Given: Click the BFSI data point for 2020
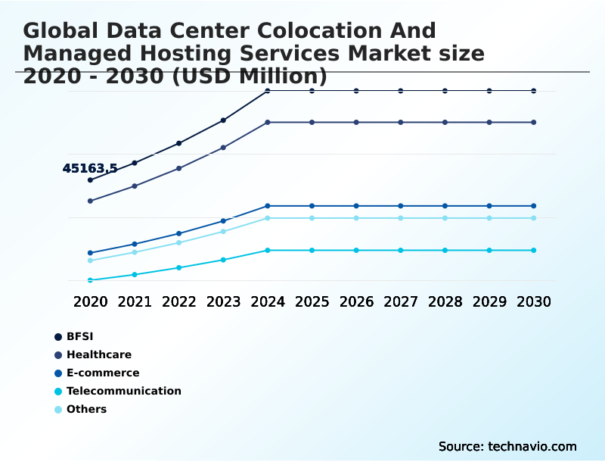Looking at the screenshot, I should [90, 180].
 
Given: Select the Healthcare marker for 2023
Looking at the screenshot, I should [223, 148].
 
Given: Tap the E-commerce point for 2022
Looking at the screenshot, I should [179, 233].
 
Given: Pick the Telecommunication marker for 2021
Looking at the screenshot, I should [135, 274].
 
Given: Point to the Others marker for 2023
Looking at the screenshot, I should [223, 231].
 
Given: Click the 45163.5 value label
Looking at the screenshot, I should [90, 168].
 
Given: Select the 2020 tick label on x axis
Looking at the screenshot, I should [91, 301].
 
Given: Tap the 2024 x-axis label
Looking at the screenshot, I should [268, 301].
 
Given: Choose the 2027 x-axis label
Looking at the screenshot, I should [401, 301].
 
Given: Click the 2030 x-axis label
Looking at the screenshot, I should [534, 301].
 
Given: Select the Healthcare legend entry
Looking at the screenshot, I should [98, 354].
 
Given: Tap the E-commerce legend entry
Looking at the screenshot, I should [103, 373].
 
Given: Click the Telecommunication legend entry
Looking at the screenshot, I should [123, 391].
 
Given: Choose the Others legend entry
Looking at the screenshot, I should [86, 409].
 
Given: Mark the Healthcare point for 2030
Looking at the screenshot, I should [534, 122].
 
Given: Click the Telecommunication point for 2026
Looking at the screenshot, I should [356, 250].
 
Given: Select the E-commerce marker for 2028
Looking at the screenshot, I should [445, 206].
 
